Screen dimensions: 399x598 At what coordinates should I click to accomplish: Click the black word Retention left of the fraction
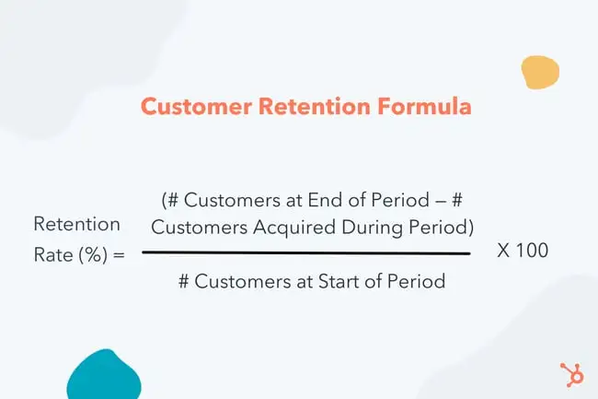[76, 223]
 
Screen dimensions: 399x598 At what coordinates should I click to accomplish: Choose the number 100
[532, 250]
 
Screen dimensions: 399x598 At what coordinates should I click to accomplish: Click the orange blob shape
[539, 72]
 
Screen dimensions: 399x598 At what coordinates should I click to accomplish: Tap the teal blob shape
[104, 375]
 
